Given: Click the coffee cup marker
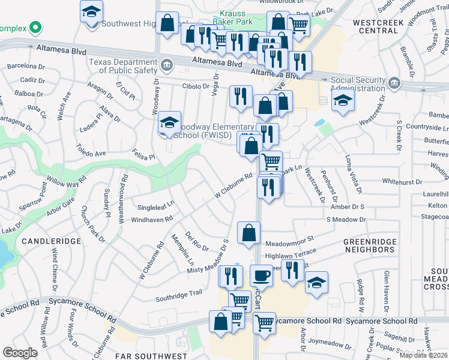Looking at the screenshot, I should click(261, 275).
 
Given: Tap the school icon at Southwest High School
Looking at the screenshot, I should click(92, 12).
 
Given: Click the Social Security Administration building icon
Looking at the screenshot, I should click(394, 82).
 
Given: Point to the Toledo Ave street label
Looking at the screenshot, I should click(91, 153).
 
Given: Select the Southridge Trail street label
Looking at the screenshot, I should click(179, 294).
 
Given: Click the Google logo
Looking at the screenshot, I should click(20, 352).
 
